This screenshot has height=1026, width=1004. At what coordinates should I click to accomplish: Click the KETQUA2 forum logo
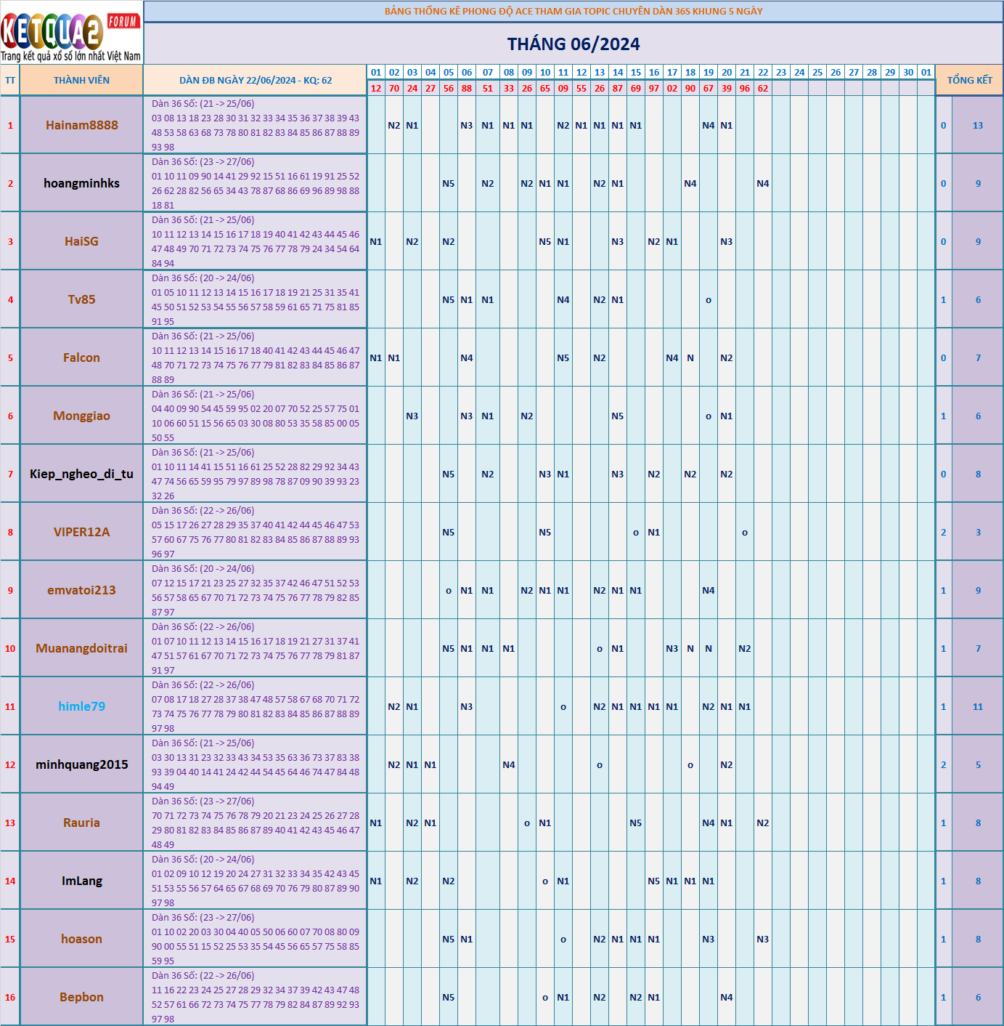[x=71, y=33]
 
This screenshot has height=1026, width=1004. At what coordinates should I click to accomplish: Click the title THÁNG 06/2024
[x=573, y=44]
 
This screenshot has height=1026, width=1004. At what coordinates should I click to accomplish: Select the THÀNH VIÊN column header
[x=81, y=81]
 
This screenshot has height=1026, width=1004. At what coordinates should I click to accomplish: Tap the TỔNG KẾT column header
[x=969, y=81]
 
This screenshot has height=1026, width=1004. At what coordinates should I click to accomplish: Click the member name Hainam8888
[x=81, y=125]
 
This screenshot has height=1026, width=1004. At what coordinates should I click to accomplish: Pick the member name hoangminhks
[x=81, y=183]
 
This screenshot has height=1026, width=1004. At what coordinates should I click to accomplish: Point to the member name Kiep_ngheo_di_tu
[x=81, y=474]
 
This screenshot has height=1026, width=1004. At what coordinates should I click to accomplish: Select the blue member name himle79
[x=81, y=706]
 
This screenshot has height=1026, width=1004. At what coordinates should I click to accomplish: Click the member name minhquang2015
[x=81, y=764]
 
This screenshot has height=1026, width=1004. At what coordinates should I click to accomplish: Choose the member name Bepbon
[x=81, y=997]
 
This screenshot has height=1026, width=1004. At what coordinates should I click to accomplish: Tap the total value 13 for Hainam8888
[x=977, y=126]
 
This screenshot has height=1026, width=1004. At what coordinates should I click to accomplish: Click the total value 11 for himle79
[x=977, y=707]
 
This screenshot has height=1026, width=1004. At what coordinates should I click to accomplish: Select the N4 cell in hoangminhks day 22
[x=762, y=184]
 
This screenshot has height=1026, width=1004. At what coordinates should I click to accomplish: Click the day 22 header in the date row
[x=762, y=73]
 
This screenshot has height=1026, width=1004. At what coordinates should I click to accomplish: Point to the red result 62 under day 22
[x=762, y=89]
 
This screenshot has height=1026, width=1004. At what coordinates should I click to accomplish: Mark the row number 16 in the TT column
[x=10, y=998]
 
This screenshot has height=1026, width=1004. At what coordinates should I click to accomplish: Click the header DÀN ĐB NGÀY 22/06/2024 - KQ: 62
[x=256, y=81]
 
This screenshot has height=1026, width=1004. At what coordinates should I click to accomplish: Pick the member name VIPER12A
[x=81, y=532]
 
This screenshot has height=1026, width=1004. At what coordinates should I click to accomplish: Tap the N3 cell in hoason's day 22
[x=762, y=940]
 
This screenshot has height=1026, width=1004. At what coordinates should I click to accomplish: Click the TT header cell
[x=10, y=81]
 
